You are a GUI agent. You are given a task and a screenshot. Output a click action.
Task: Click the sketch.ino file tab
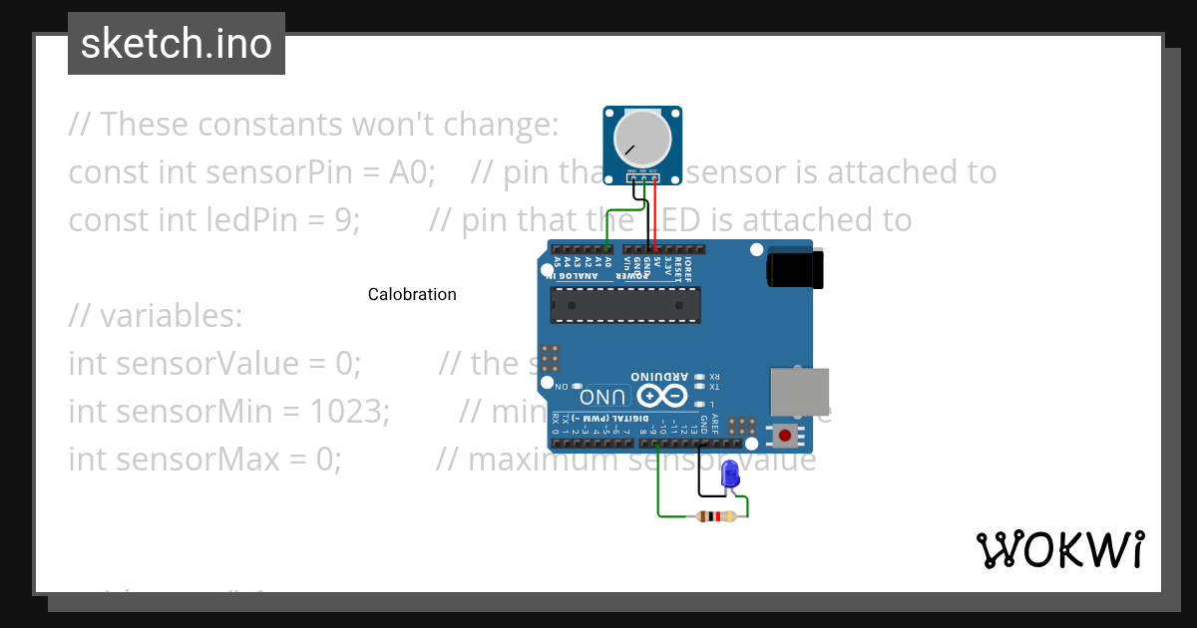click(177, 44)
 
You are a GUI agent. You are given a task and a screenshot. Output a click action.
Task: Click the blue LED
click(730, 473)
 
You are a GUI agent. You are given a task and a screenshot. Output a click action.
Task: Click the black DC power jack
click(795, 270)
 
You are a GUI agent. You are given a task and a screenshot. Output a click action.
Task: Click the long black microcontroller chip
click(625, 305)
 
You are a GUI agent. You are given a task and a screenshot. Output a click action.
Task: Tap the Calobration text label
click(412, 294)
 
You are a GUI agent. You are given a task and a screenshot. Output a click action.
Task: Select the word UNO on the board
click(603, 395)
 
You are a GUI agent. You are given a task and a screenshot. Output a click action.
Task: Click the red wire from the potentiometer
click(654, 214)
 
